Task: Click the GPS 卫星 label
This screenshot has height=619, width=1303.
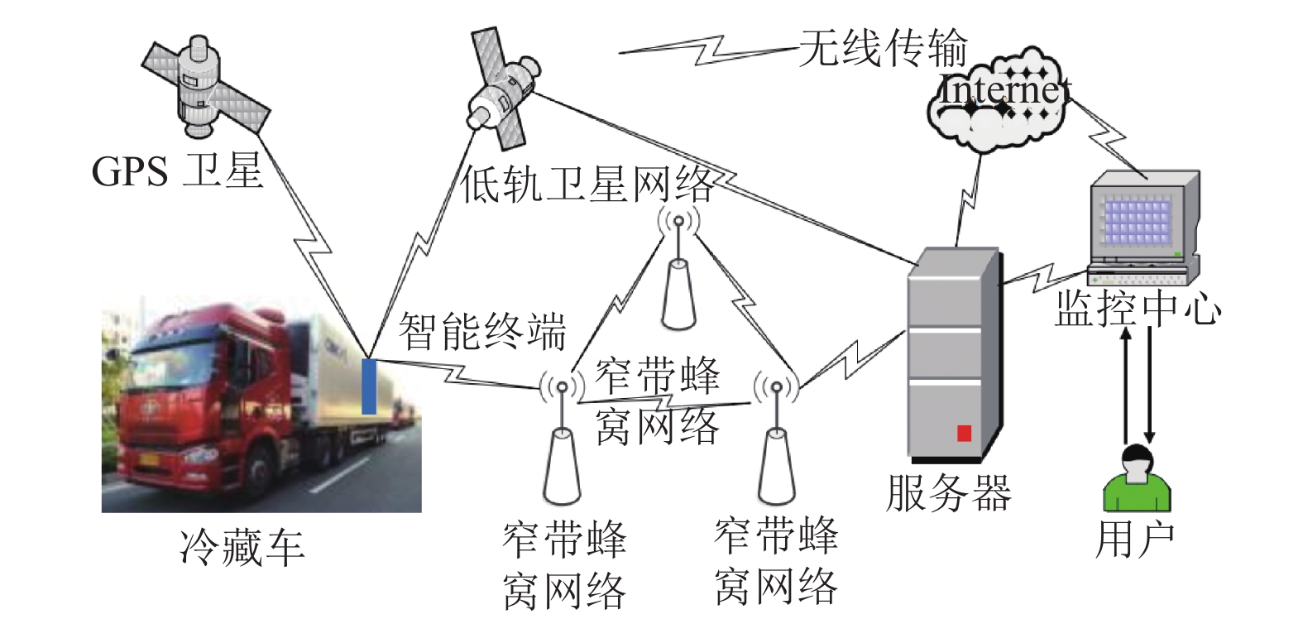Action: click(177, 171)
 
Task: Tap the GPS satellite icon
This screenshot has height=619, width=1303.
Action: click(205, 87)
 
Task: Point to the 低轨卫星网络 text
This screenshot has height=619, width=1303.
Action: click(587, 185)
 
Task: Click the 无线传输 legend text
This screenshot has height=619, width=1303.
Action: click(883, 48)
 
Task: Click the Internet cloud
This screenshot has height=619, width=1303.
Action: click(999, 100)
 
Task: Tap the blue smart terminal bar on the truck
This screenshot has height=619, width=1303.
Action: click(369, 386)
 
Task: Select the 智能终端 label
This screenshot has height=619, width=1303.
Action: click(482, 331)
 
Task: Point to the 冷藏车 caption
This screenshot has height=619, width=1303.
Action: click(242, 548)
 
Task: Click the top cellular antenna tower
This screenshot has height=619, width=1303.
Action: click(678, 271)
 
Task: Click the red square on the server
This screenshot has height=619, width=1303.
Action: click(964, 434)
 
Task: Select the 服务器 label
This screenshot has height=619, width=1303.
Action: click(948, 493)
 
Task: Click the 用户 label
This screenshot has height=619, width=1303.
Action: click(1135, 540)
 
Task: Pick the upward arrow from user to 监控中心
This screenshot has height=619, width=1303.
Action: click(1126, 385)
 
